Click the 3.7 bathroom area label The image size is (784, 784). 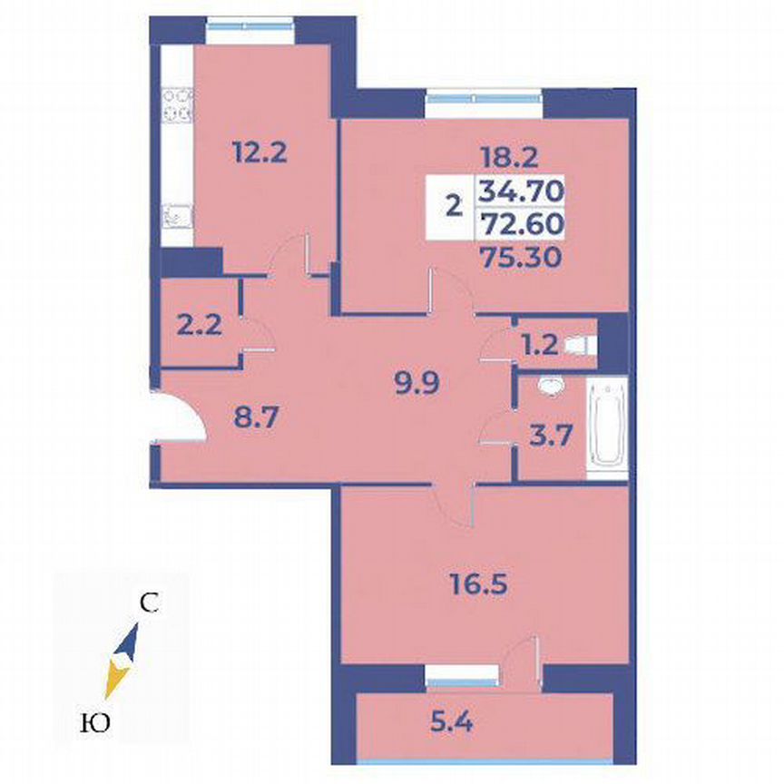pyautogui.click(x=550, y=433)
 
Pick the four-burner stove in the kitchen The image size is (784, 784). pyautogui.click(x=177, y=103)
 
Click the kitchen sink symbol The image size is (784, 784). pyautogui.click(x=177, y=216)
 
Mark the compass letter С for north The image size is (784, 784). pyautogui.click(x=151, y=603)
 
